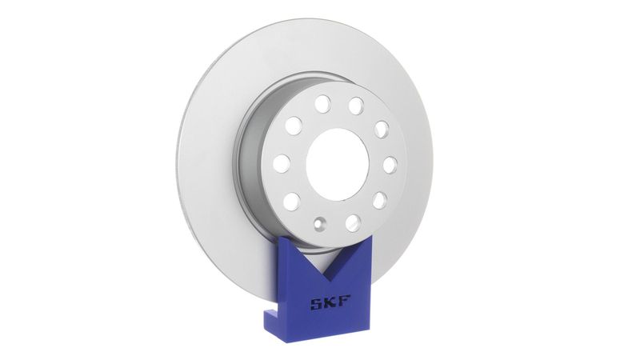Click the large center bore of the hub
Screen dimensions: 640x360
pyautogui.click(x=338, y=165)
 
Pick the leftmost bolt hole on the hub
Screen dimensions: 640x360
pyautogui.click(x=282, y=163)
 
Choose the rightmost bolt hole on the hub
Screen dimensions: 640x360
pyautogui.click(x=390, y=165)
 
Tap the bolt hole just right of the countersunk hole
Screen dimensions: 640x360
pyautogui.click(x=353, y=223)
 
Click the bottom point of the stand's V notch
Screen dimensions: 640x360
pyautogui.click(x=326, y=278)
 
